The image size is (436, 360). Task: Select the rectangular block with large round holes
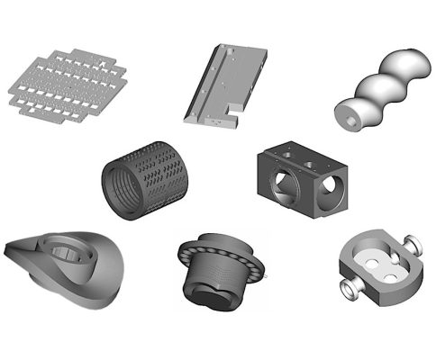304,175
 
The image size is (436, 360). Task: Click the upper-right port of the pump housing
416,242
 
